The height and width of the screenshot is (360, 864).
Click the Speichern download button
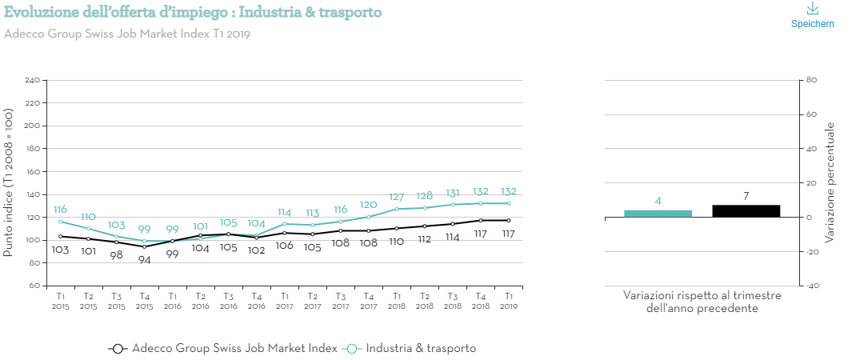812,15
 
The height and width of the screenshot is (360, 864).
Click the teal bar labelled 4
658,213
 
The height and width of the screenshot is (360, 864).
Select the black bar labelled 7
746,210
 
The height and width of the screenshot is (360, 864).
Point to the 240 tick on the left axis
32,81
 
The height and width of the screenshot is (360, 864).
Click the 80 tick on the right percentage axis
810,80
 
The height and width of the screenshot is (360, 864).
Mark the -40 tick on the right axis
810,286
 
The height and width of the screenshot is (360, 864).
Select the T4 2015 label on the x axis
144,301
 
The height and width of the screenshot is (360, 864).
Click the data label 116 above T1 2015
60,210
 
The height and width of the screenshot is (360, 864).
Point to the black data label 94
144,259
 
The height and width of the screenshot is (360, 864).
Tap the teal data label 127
396,197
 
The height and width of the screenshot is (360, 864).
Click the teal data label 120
368,204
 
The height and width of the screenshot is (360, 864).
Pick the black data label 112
424,239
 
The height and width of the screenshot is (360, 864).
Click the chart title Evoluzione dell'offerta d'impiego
193,13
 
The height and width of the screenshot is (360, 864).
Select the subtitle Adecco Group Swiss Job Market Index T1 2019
128,34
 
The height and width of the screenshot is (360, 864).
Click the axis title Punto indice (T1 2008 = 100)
9,182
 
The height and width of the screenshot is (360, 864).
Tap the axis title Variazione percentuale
830,182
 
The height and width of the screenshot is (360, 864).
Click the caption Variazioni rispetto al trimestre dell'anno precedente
702,302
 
